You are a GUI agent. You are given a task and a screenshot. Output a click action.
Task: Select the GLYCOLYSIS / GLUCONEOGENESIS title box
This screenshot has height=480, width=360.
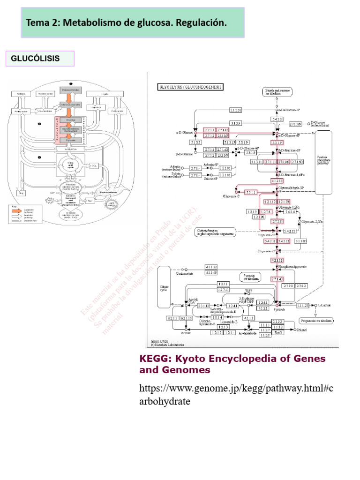click(x=191, y=87)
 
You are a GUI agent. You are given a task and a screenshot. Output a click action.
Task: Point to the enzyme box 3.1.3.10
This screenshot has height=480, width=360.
click(x=235, y=110)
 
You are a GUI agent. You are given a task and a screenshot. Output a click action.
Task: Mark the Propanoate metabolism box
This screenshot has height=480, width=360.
click(x=316, y=321)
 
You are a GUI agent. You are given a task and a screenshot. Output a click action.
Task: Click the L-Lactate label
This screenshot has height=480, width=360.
click(x=324, y=305)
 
